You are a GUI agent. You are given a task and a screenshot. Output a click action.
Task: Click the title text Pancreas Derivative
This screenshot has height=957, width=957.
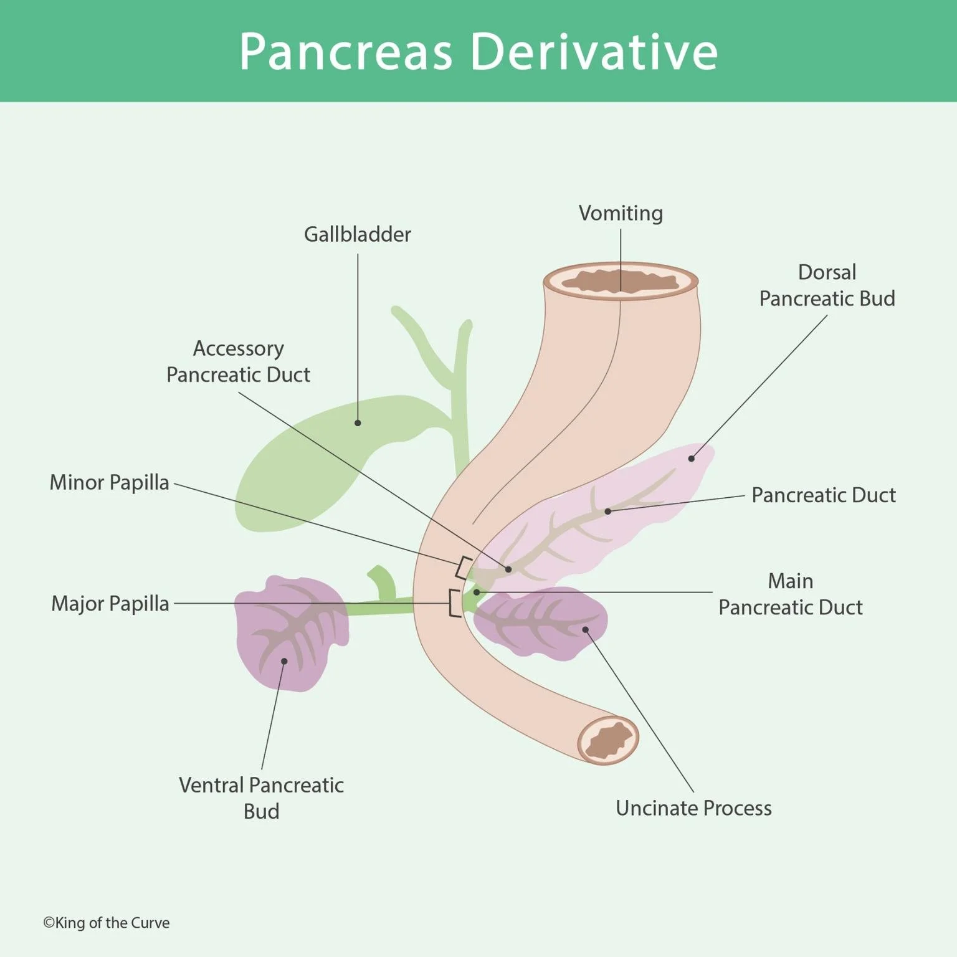point(478,51)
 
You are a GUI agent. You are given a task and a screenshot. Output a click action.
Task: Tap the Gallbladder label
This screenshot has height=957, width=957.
point(357,234)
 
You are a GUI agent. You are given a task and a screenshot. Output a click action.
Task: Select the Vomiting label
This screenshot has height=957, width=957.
point(621,213)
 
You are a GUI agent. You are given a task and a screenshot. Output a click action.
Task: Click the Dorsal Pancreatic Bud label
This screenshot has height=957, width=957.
point(827,285)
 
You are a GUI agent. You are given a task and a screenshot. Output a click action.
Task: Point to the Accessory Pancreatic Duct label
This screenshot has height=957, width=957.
point(238,361)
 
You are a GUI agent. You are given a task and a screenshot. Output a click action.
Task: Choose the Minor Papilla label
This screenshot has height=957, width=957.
point(109,482)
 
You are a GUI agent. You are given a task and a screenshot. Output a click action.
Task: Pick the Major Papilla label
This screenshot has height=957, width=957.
point(110,603)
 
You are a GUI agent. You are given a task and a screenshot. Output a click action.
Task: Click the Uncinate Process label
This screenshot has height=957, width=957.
point(693,808)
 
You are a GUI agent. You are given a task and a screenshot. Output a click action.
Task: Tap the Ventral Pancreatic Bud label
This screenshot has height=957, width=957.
point(261,797)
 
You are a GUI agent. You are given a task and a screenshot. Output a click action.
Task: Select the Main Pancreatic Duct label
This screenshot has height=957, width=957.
point(790,594)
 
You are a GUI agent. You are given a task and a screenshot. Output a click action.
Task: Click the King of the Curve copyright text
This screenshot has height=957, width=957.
point(106,923)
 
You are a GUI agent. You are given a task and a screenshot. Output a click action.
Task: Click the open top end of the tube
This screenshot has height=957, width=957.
point(621,281)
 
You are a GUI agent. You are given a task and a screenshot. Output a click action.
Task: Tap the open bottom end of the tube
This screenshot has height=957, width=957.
point(608,740)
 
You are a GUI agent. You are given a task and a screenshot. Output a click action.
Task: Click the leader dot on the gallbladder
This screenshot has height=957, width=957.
point(358,423)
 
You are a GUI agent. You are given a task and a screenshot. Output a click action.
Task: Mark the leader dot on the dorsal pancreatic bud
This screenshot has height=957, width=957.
point(691,459)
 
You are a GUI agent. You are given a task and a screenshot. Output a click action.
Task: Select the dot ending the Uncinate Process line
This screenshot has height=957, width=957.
point(585,629)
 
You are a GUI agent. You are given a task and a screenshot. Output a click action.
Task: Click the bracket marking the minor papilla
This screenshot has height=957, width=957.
point(462,567)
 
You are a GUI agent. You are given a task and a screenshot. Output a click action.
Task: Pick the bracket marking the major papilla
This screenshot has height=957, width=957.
point(454,603)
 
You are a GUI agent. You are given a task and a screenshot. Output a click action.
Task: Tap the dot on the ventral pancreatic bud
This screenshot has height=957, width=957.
point(284,661)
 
